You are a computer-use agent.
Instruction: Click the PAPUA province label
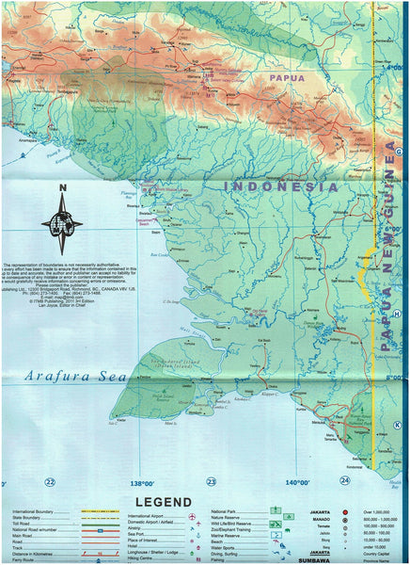pyautogui.click(x=286, y=78)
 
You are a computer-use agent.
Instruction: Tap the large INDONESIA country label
pyautogui.click(x=280, y=187)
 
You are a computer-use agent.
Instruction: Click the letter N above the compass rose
pyautogui.click(x=61, y=187)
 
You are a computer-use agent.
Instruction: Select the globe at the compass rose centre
pyautogui.click(x=61, y=225)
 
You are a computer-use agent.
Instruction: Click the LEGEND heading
pyautogui.click(x=164, y=501)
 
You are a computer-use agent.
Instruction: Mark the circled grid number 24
pyautogui.click(x=345, y=480)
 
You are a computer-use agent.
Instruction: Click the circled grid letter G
pyautogui.click(x=398, y=152)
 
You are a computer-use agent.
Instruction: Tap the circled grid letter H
pyautogui.click(x=398, y=315)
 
